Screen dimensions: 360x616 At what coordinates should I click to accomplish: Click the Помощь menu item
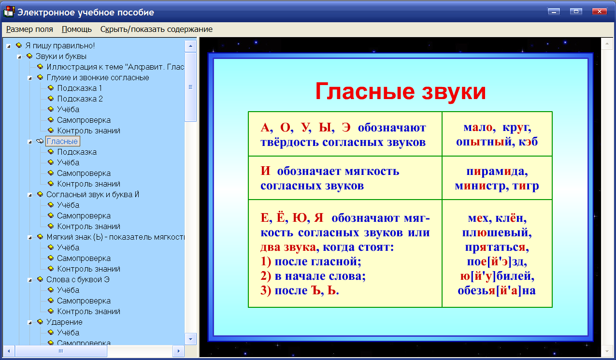76,29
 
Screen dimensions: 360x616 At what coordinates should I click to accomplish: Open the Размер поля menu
29,29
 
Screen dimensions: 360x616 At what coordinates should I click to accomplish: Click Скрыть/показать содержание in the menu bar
156,29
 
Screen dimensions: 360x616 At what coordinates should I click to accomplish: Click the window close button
599,12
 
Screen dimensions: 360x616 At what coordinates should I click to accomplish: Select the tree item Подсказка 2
80,99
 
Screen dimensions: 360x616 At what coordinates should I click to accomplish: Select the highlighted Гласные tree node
62,141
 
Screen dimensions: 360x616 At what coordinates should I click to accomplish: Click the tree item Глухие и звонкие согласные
98,77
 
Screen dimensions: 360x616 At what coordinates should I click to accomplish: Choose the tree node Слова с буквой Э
78,279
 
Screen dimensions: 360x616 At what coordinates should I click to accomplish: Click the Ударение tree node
64,322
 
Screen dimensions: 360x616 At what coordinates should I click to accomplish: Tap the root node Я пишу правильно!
60,45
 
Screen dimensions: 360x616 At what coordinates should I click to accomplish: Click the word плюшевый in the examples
497,233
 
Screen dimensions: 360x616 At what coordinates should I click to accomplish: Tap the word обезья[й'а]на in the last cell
497,291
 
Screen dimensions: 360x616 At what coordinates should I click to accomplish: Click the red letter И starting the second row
265,172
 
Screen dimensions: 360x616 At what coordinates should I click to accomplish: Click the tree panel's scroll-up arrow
190,46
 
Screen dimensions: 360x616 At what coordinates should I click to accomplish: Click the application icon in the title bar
9,12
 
